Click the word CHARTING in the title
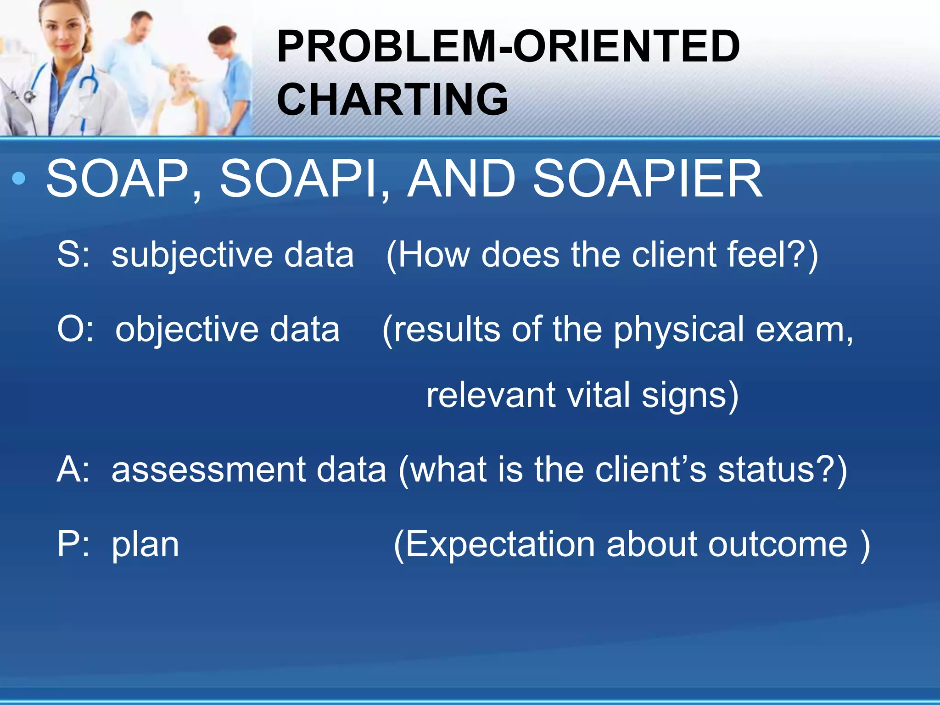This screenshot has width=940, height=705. click(x=392, y=99)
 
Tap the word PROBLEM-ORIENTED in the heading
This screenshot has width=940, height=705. click(x=508, y=46)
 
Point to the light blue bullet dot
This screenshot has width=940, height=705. click(x=19, y=179)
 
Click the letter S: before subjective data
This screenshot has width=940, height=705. click(x=73, y=255)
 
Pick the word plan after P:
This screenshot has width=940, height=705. click(x=145, y=545)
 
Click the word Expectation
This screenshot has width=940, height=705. click(x=500, y=544)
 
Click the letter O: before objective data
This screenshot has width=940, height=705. click(x=75, y=330)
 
